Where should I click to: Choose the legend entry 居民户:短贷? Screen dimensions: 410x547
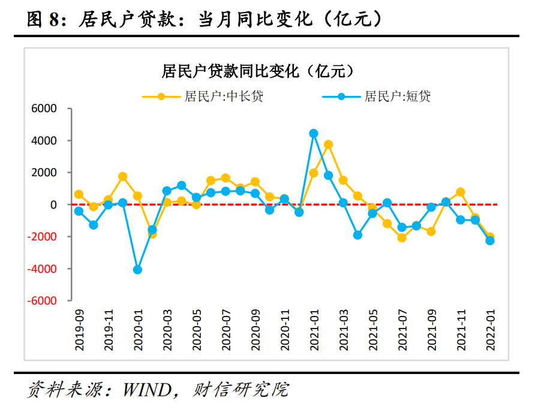click(397, 96)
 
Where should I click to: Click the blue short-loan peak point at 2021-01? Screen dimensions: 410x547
click(314, 134)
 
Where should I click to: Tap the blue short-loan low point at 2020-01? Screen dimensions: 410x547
click(137, 270)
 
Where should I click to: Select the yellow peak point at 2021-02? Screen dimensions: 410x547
click(329, 144)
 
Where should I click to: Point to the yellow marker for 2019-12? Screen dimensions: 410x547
click(123, 177)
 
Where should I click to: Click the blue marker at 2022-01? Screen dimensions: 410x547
click(490, 240)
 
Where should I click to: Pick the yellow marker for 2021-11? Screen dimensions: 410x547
click(461, 192)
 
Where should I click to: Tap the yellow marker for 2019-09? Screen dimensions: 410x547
click(79, 194)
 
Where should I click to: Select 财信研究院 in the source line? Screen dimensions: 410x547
click(240, 390)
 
